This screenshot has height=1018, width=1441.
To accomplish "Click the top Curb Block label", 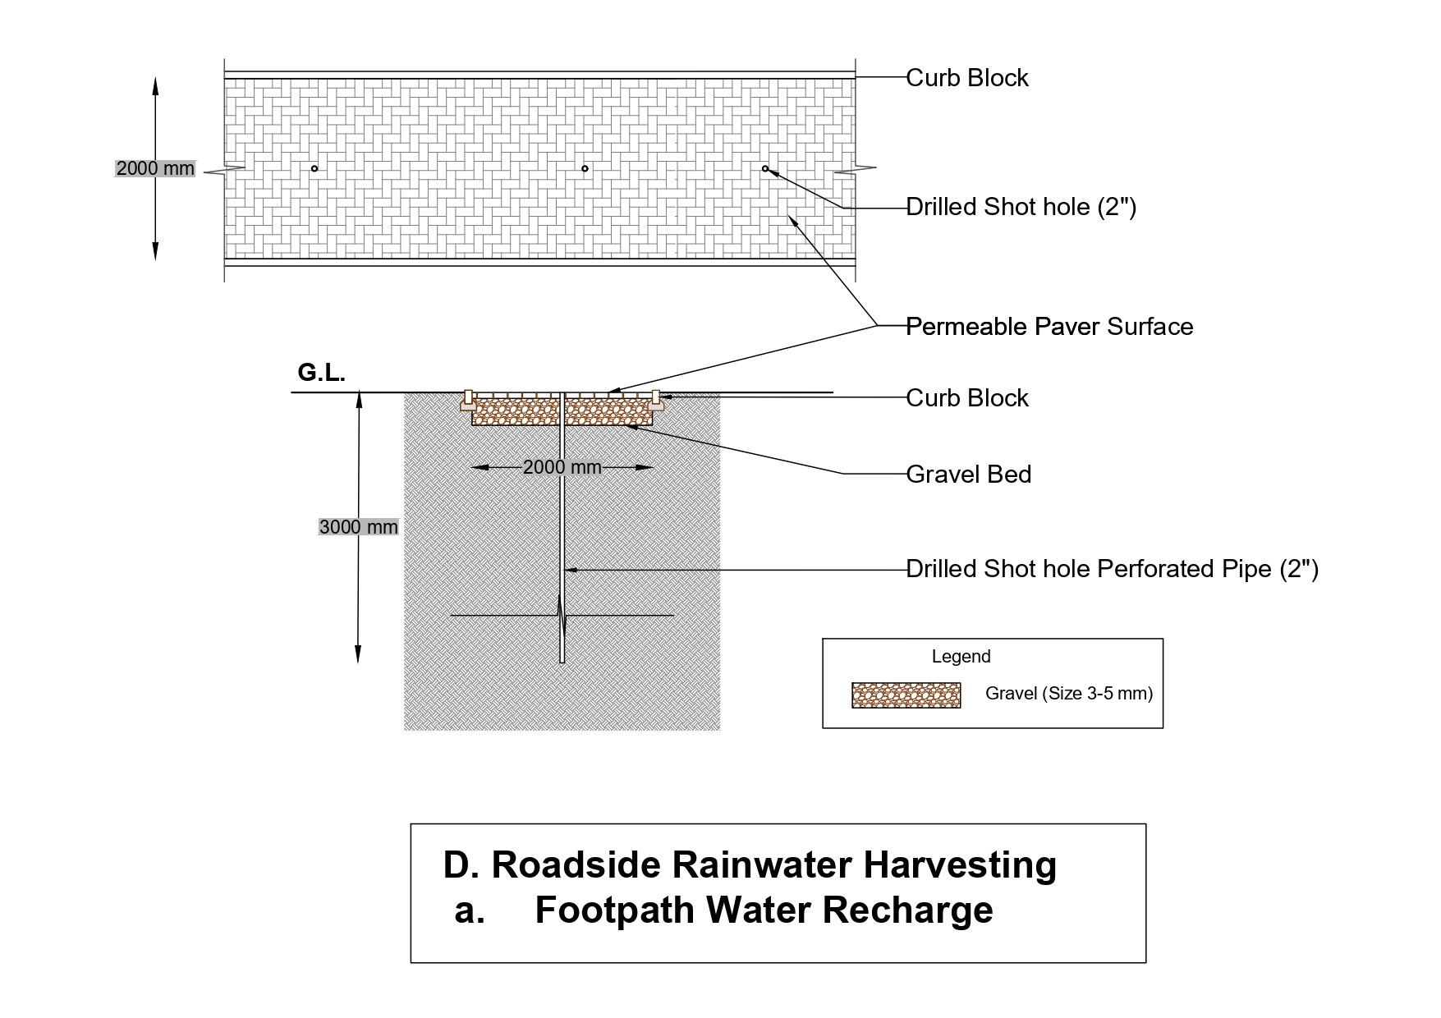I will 967,78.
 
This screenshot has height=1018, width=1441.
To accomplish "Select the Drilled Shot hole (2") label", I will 1021,207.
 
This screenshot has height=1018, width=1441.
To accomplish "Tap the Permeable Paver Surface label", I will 1049,327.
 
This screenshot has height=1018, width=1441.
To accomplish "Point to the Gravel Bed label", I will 969,475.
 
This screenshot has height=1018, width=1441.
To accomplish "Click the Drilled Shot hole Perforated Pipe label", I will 1112,569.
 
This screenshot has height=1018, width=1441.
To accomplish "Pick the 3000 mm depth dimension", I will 358,527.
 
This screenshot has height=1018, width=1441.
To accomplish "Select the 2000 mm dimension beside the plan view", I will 155,169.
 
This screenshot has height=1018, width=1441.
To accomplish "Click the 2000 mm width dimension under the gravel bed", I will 562,468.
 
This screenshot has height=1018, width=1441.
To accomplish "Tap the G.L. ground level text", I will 321,374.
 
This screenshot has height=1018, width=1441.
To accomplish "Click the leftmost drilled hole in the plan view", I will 314,169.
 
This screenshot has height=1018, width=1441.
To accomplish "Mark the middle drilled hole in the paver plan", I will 585,169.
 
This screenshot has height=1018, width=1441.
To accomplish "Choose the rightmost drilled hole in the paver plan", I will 765,169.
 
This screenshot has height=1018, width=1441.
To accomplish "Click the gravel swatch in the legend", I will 906,695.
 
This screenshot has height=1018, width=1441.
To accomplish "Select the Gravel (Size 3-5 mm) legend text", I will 1068,694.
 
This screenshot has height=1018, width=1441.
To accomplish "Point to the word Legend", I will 961,657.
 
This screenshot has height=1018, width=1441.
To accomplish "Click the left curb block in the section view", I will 469,401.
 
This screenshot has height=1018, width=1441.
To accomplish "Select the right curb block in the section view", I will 655,401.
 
